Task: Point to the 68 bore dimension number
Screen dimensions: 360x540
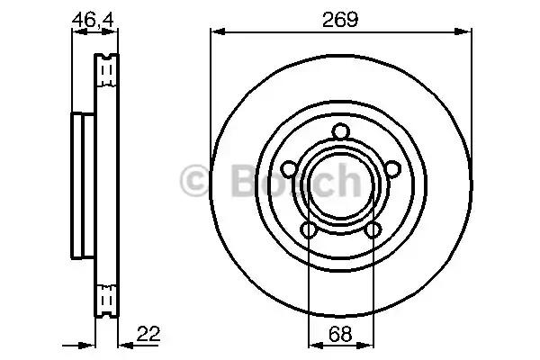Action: click(340, 334)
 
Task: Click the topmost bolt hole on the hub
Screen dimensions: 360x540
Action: click(340, 133)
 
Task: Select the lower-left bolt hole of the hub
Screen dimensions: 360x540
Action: click(309, 231)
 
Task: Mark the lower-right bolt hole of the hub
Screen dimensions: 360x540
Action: click(373, 231)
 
